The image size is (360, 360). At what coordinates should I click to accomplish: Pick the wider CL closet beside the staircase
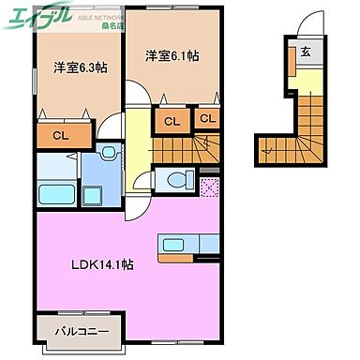[171, 120]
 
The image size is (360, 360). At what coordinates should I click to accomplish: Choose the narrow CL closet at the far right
[206, 119]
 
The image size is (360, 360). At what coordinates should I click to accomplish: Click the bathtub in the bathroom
[56, 195]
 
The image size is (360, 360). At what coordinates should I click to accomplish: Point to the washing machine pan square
[94, 195]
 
